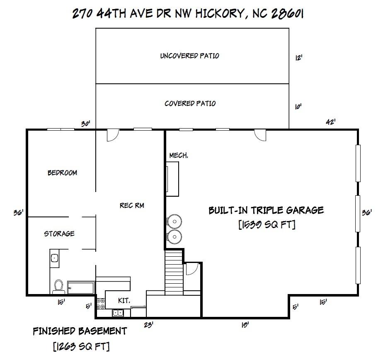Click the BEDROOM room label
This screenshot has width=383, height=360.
(62, 173)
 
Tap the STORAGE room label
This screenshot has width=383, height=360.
(59, 234)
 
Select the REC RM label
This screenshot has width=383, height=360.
(132, 205)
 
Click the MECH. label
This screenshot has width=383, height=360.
(179, 155)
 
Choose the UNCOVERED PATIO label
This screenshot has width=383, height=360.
(189, 56)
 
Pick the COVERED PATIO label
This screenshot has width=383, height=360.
(190, 103)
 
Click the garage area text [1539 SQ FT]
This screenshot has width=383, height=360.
(267, 225)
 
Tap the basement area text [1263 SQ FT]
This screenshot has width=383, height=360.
(81, 345)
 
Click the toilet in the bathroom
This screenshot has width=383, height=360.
(58, 286)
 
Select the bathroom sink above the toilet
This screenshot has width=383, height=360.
(54, 258)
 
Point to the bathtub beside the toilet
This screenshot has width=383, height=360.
(81, 287)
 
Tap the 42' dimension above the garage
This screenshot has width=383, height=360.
(330, 122)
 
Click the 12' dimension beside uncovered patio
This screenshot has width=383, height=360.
(298, 58)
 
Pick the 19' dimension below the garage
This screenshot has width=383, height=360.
(245, 325)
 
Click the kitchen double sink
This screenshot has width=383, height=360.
(118, 313)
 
